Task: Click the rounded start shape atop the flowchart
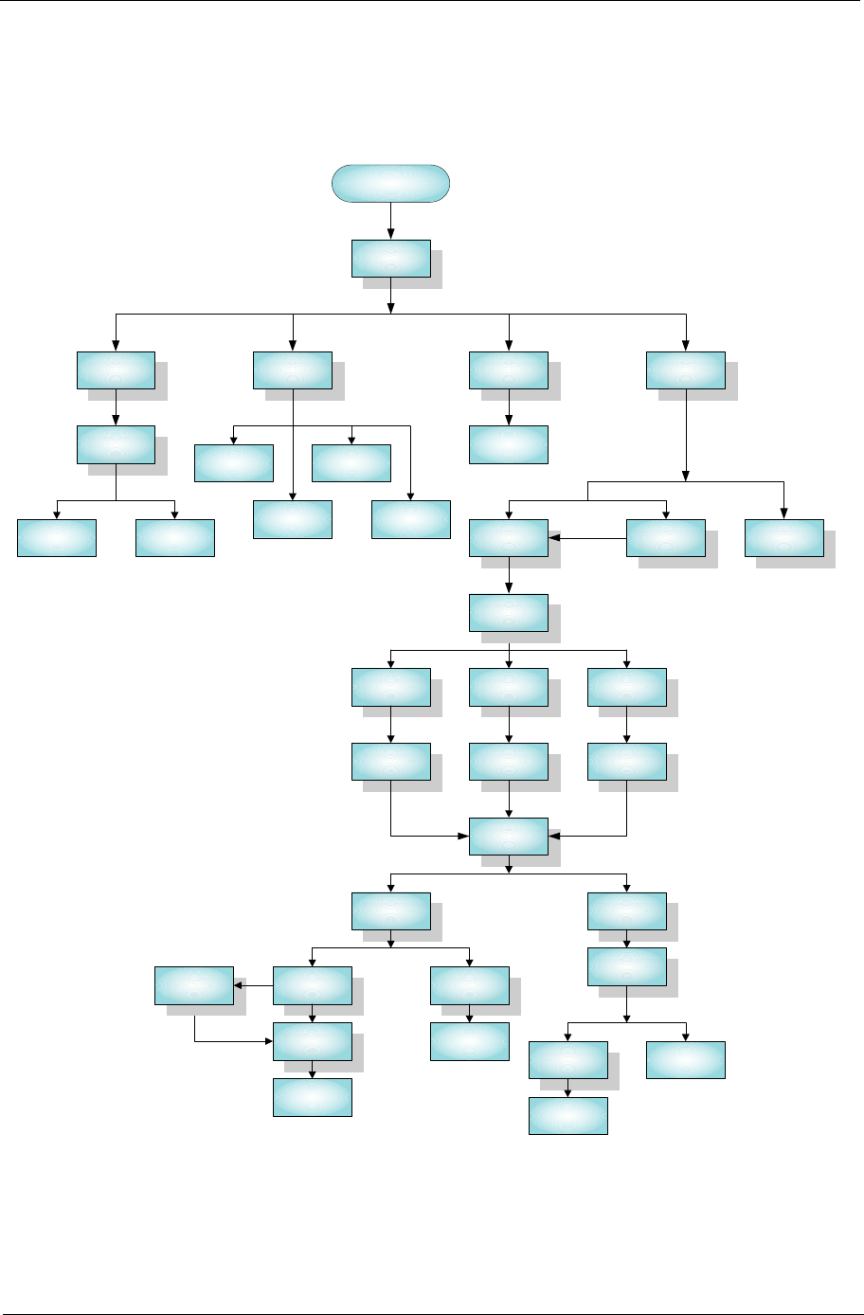pos(390,183)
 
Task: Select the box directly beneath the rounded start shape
pos(390,259)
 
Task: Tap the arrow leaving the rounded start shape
pos(390,221)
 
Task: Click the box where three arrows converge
pos(508,836)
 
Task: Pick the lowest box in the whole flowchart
pos(567,1115)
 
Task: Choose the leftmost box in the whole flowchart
pos(57,537)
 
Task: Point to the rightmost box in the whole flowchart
pos(783,537)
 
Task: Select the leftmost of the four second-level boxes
pos(116,369)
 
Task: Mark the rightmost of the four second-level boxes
pos(686,369)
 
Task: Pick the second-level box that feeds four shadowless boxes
pos(293,369)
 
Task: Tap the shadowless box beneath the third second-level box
pos(508,444)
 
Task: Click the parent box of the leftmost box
pos(116,444)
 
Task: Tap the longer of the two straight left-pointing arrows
pos(587,538)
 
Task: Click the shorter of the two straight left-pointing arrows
pos(253,985)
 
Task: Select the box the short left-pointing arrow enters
pos(194,985)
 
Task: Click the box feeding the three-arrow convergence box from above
pos(508,762)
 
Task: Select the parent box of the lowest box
pos(567,1059)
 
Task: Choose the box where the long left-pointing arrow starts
pos(666,537)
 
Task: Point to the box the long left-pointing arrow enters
pos(508,537)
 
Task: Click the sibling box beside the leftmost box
pos(174,537)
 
